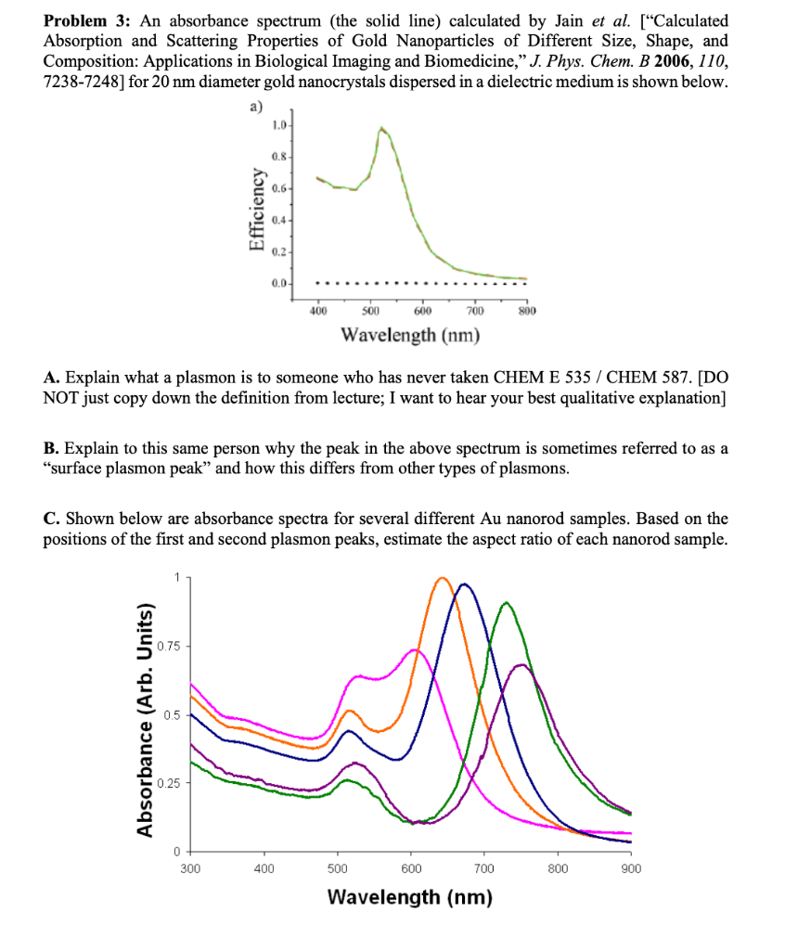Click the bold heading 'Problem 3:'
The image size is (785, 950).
(85, 20)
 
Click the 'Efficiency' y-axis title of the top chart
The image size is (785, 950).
(252, 210)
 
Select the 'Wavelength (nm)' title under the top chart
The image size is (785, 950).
(410, 334)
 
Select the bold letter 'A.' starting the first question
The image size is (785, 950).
(52, 378)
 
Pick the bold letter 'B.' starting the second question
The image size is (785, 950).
(52, 449)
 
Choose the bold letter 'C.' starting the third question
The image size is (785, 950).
(52, 519)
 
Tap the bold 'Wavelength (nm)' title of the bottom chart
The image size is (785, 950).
(410, 898)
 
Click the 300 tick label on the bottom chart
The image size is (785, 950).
(189, 869)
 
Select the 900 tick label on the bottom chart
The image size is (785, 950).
(630, 869)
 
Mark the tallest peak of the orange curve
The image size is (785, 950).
(442, 578)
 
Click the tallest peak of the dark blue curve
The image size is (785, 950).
(464, 584)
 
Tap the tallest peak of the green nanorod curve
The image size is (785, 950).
(505, 603)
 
